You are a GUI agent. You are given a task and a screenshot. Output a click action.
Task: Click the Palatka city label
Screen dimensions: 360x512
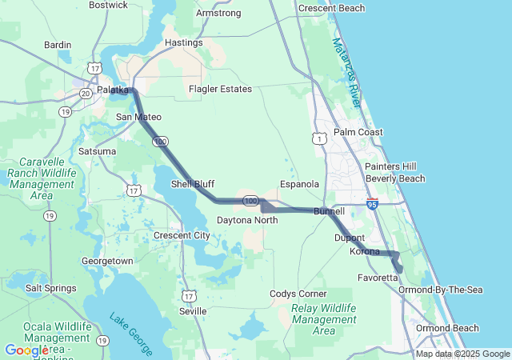click(x=112, y=90)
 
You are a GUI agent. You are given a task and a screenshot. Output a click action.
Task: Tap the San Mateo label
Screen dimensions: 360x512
click(x=138, y=117)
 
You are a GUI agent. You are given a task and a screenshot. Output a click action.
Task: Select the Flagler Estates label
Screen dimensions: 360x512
click(x=220, y=89)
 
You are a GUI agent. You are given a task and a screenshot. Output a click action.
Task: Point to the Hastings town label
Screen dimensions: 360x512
click(x=183, y=42)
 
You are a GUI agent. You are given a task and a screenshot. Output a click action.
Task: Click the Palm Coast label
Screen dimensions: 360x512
click(x=358, y=132)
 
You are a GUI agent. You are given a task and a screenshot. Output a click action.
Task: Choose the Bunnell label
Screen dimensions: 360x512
click(x=329, y=211)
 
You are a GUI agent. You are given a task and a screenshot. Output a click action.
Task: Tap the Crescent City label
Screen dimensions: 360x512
click(x=182, y=235)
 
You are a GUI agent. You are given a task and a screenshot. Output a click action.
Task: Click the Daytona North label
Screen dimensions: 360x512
click(x=247, y=219)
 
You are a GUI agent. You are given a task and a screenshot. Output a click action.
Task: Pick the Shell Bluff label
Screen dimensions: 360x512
click(x=193, y=184)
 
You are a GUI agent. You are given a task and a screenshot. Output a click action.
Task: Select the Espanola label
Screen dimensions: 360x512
click(x=300, y=184)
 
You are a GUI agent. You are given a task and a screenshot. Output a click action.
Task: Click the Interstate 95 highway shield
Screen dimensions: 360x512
click(x=372, y=205)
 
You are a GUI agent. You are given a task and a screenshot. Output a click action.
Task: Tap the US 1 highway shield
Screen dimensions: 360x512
click(x=321, y=138)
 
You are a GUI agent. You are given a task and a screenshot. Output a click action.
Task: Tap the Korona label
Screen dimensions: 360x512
click(x=365, y=251)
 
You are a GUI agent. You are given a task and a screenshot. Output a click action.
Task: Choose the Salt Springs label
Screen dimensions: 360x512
click(x=51, y=288)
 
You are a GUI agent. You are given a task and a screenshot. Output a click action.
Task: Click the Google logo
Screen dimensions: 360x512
click(x=26, y=350)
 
